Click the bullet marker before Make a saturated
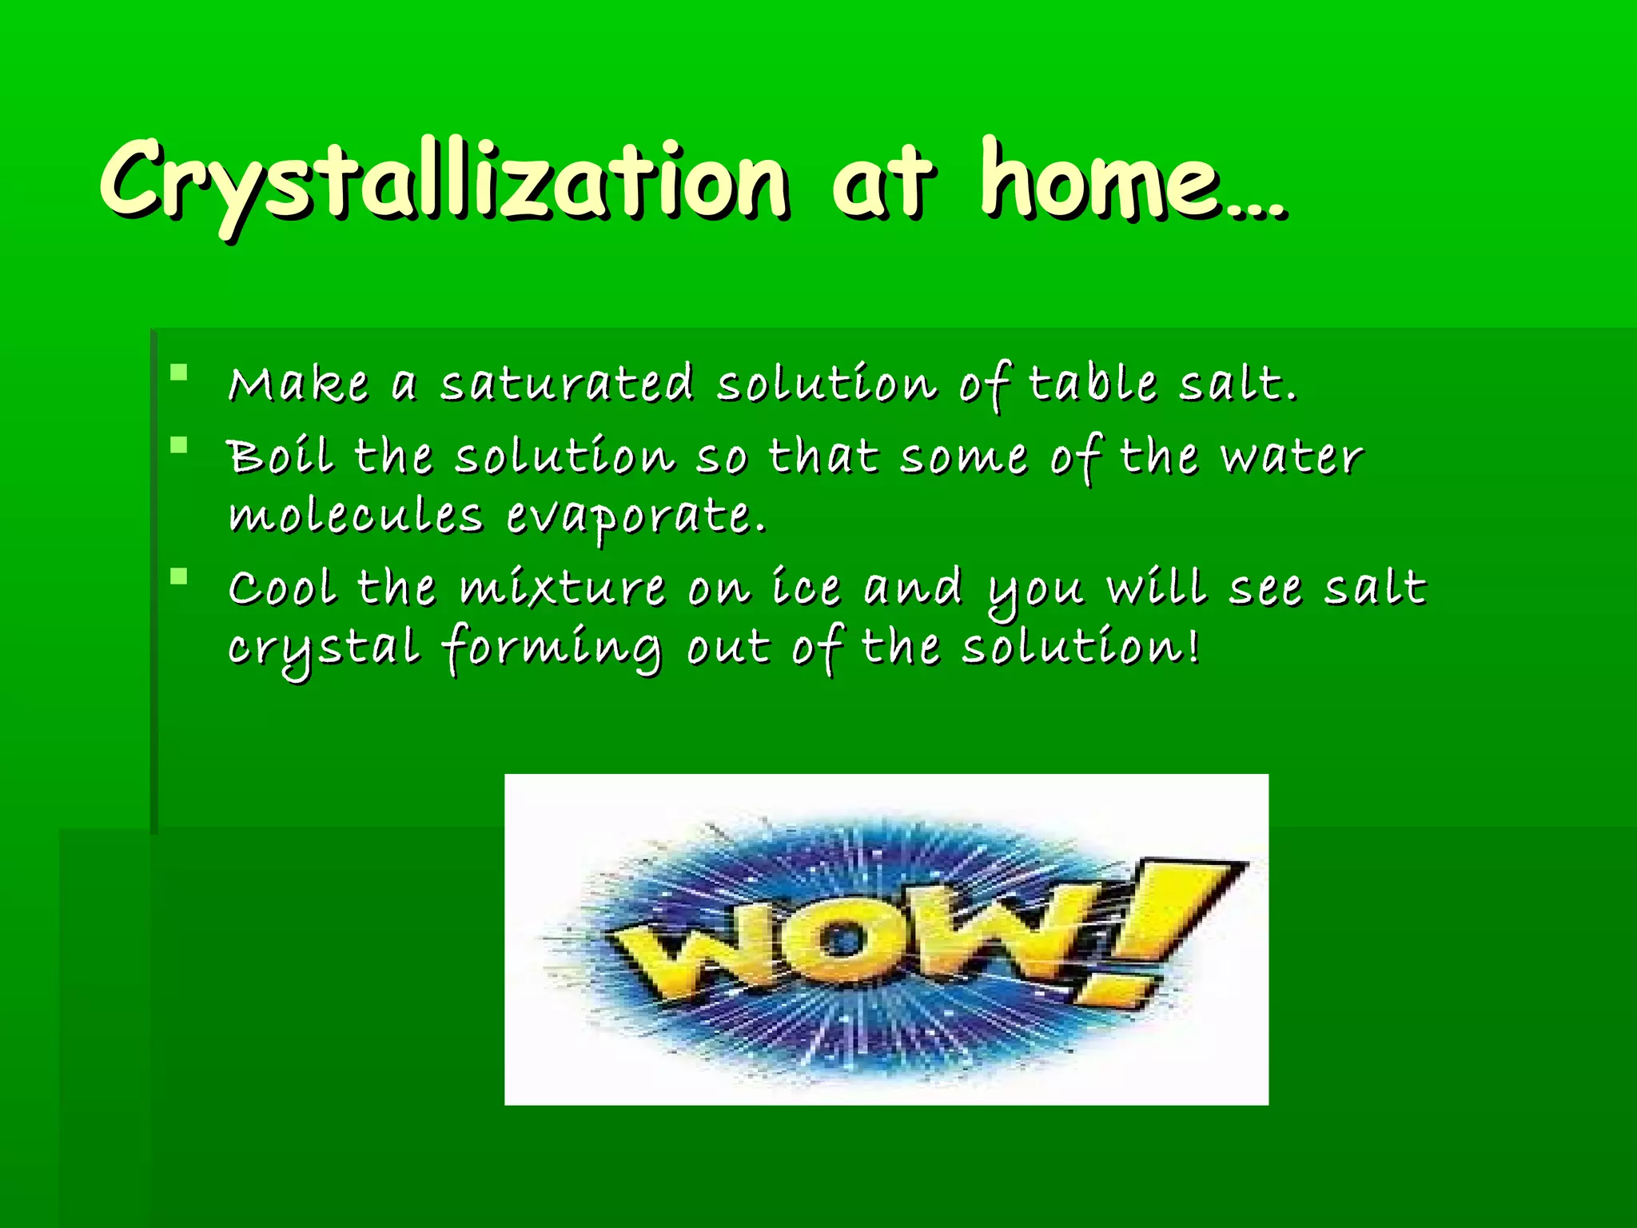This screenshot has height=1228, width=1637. pos(179,373)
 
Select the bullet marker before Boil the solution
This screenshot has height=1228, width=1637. pos(179,445)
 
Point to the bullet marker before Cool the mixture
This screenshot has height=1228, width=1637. pos(179,576)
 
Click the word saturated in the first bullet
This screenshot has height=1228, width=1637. pos(567,384)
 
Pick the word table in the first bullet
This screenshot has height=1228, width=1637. pos(1092,384)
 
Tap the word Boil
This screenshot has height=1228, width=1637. pos(280,457)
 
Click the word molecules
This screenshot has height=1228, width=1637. pos(356,516)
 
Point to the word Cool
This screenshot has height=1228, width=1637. pos(281,588)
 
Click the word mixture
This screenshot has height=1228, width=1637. pos(562,588)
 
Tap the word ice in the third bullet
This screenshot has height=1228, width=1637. pos(806,588)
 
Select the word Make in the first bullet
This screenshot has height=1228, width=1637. pos(298,384)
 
